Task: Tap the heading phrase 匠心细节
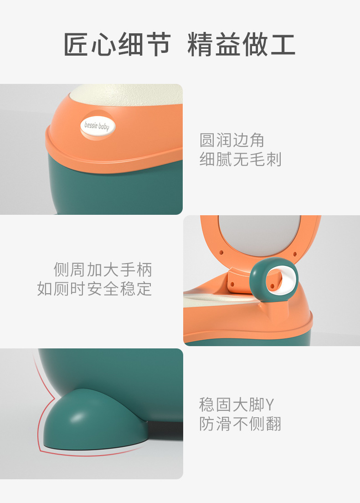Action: click(x=117, y=45)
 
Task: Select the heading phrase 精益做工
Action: click(x=242, y=45)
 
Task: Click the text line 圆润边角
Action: click(x=232, y=140)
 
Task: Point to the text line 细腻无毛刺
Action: click(x=241, y=159)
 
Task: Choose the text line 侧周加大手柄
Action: click(x=103, y=270)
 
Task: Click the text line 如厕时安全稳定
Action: click(x=94, y=289)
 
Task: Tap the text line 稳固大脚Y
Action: click(x=237, y=404)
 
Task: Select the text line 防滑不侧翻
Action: click(x=241, y=424)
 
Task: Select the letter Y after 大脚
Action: click(x=270, y=404)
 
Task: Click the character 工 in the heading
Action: click(x=283, y=45)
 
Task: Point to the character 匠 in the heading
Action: click(x=77, y=45)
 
